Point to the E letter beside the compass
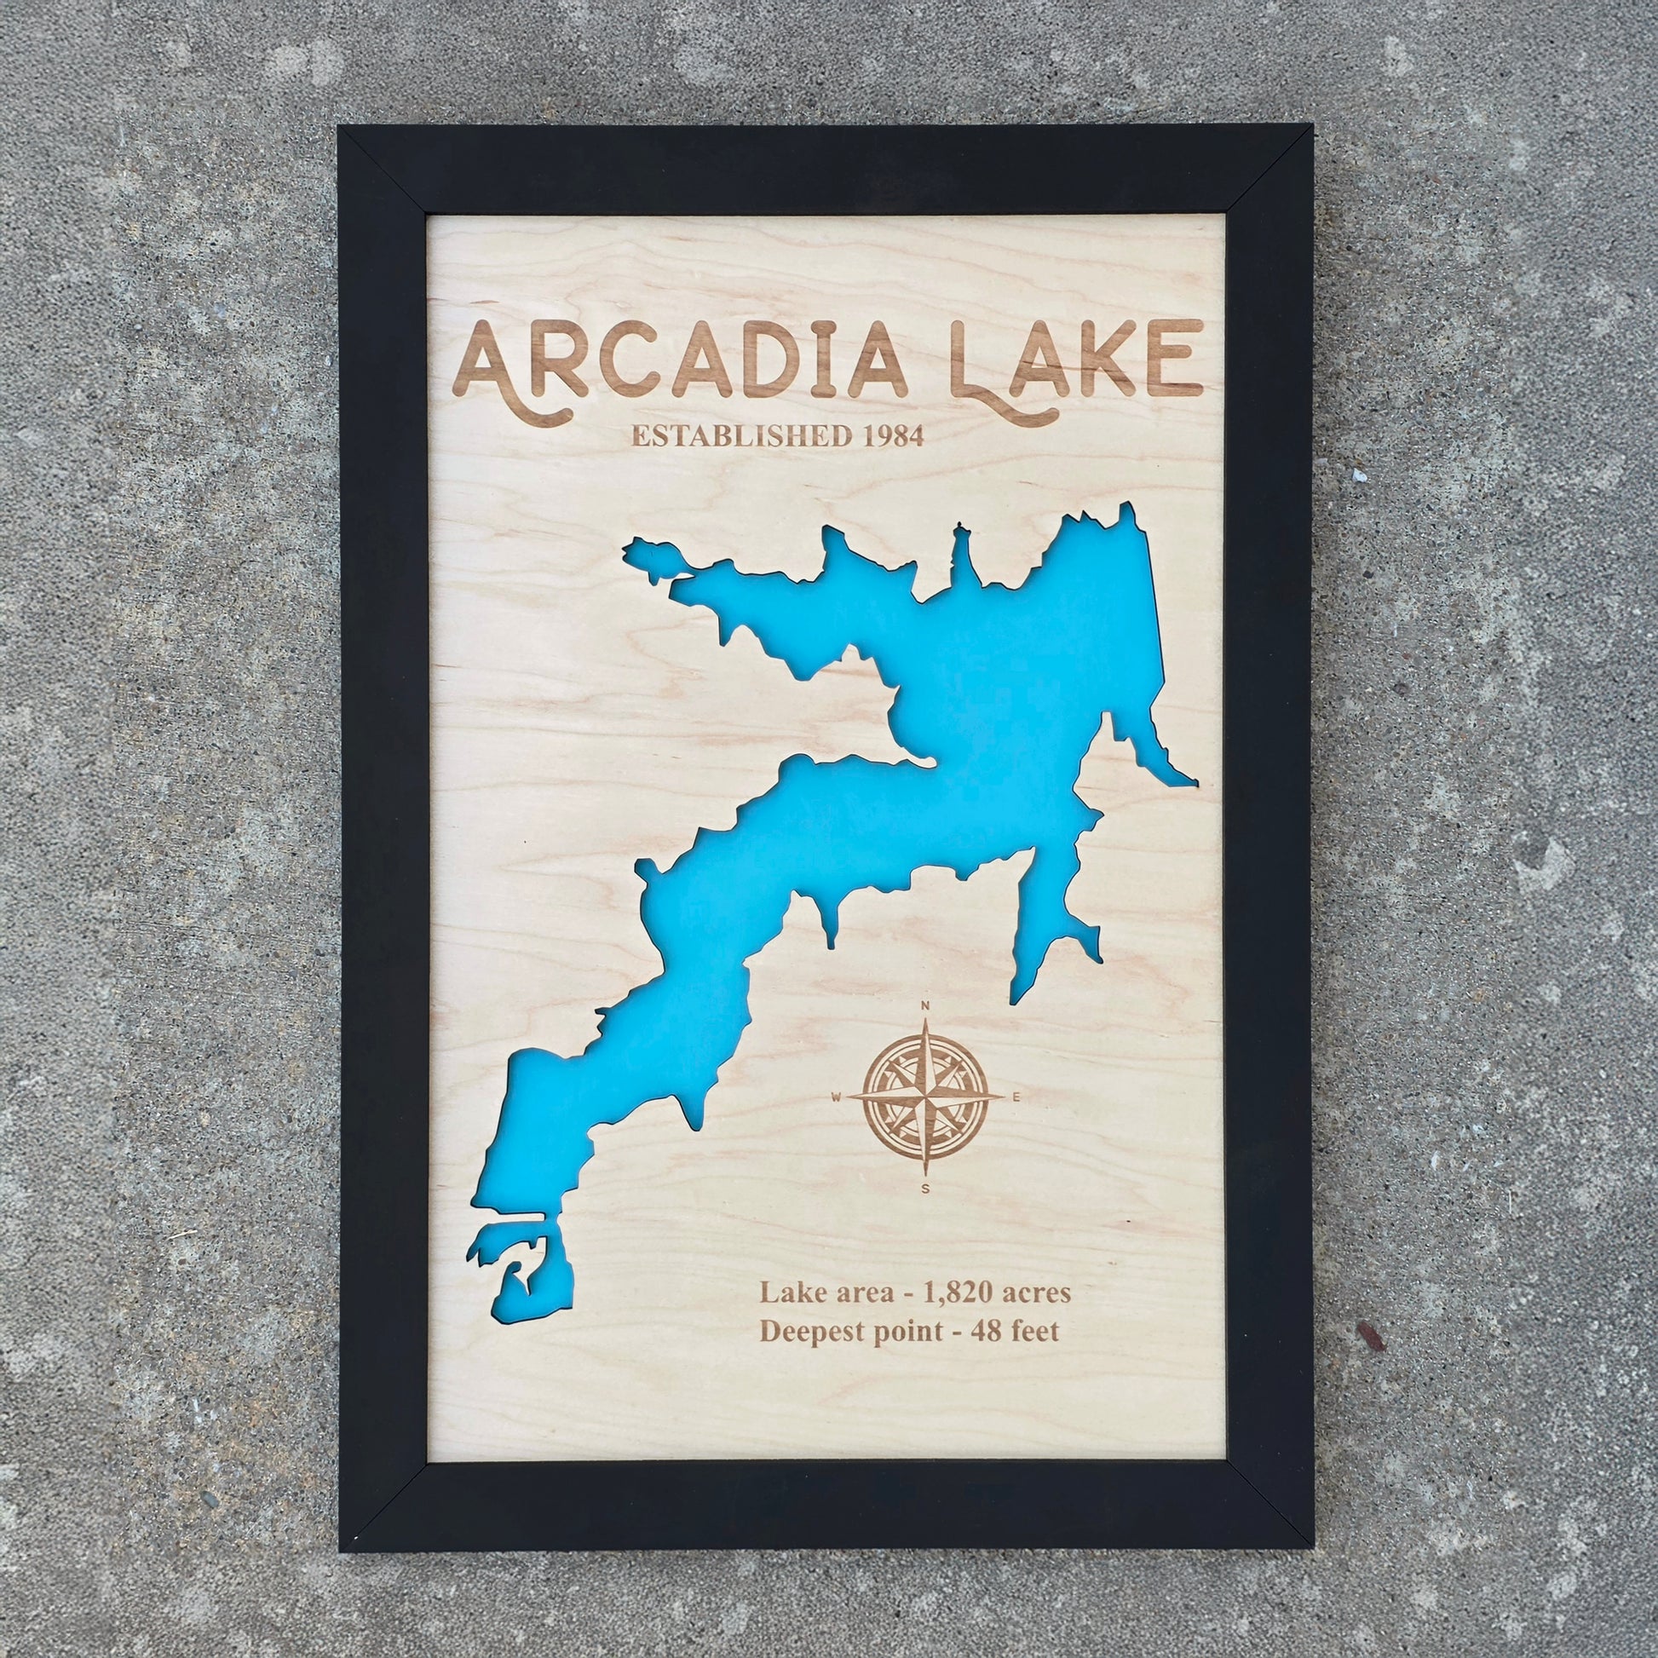[1017, 1096]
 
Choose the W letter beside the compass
[837, 1096]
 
